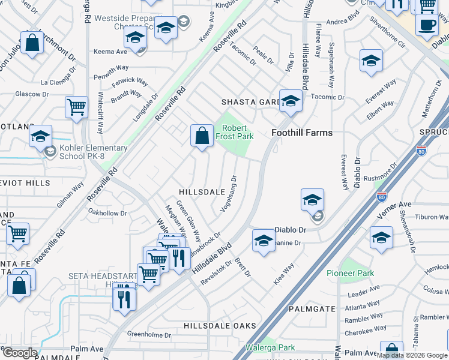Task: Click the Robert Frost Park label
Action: pos(238,132)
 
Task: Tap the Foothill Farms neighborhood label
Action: pos(302,133)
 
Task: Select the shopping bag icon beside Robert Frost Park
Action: pos(202,135)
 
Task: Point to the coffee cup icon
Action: pos(427,26)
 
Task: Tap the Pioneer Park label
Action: pos(350,273)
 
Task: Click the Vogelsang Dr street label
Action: pos(229,192)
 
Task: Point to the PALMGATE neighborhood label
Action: pos(312,309)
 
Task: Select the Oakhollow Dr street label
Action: pos(107,212)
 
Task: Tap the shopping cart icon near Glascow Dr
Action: pos(76,108)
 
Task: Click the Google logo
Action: pos(19,353)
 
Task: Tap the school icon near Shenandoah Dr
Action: pos(381,238)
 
